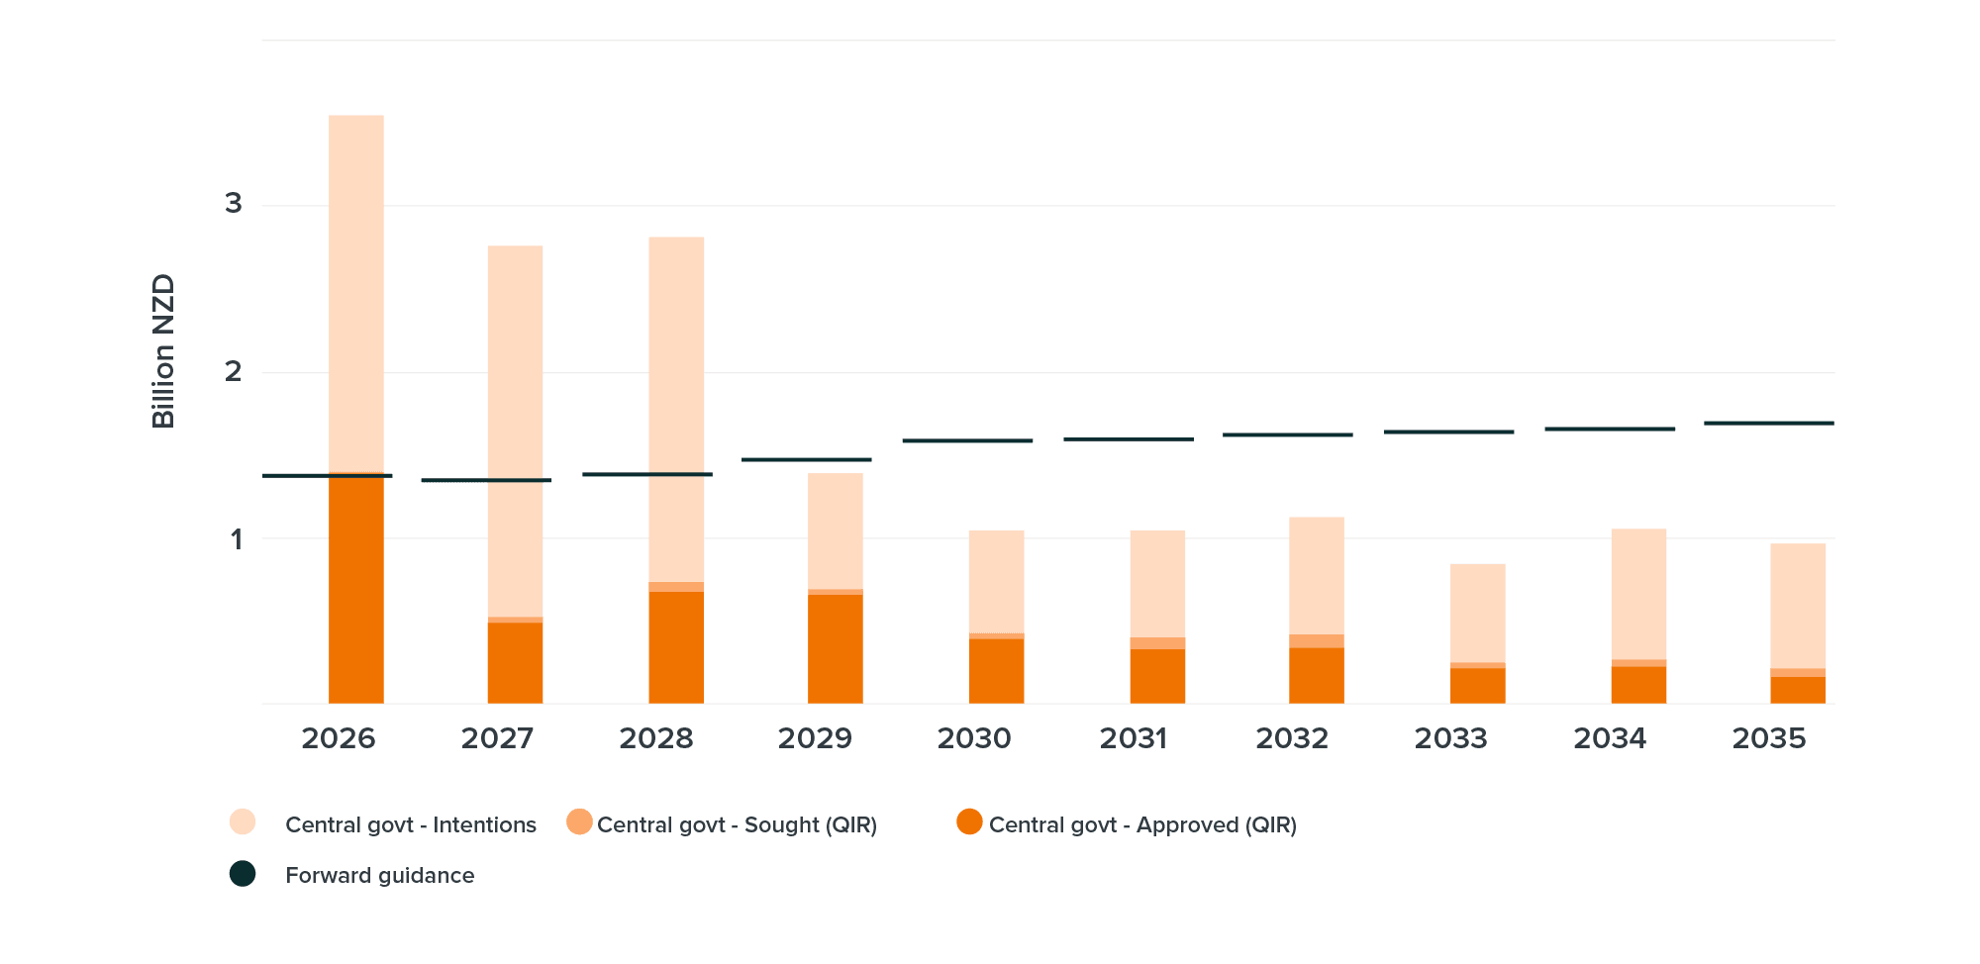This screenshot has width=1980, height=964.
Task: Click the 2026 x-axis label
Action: point(339,738)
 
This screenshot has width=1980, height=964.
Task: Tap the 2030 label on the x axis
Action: point(974,738)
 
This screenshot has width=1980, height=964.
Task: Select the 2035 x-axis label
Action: point(1769,738)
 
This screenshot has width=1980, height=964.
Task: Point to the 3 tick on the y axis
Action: point(234,204)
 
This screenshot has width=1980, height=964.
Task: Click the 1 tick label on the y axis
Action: point(236,539)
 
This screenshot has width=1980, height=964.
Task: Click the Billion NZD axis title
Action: point(163,351)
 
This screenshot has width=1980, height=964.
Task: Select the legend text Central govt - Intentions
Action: point(410,824)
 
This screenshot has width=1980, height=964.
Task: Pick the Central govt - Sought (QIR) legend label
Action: point(737,824)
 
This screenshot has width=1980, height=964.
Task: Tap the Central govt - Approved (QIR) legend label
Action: point(1142,824)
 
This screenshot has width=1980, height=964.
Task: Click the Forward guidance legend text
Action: point(379,875)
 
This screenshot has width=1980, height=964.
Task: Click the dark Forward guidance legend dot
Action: point(243,874)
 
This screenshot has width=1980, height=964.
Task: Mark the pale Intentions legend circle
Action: point(243,822)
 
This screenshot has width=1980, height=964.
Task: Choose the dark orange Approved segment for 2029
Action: point(836,649)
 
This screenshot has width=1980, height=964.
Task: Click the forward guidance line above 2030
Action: point(967,440)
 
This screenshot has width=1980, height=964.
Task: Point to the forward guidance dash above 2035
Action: point(1768,423)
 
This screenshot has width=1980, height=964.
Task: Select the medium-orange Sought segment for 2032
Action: point(1317,640)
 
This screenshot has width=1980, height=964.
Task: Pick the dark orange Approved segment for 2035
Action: point(1798,690)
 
